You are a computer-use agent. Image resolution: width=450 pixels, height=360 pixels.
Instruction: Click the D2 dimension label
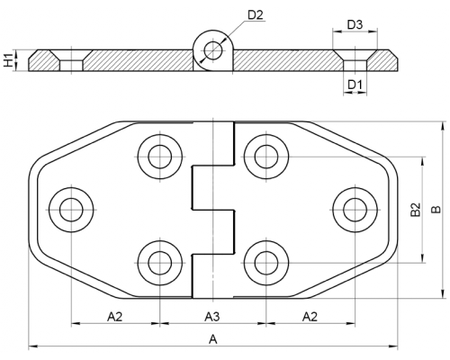click(256, 14)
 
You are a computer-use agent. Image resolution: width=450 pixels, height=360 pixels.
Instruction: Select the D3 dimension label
click(355, 24)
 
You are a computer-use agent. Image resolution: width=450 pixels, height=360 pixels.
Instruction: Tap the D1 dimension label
click(355, 85)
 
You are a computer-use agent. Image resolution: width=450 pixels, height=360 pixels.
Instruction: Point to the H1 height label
click(9, 59)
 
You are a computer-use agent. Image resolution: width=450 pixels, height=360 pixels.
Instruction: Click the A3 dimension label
click(212, 317)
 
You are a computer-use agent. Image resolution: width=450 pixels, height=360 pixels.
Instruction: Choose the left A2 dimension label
click(115, 317)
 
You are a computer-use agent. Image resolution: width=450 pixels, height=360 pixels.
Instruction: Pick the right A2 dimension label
click(310, 317)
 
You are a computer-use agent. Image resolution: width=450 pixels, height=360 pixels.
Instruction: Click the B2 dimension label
click(416, 210)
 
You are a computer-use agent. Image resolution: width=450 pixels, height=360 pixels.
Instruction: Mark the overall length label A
click(212, 339)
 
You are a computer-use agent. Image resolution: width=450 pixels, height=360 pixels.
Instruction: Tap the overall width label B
click(436, 210)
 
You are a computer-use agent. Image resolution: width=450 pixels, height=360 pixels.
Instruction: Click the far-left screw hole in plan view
click(71, 210)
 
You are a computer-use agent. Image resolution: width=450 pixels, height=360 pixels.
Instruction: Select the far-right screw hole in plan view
click(355, 210)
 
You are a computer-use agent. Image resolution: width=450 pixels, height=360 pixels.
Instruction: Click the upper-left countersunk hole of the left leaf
click(160, 157)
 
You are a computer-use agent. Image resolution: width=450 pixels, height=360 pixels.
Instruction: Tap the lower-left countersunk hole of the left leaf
click(160, 263)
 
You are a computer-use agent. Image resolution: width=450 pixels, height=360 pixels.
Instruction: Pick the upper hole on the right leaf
click(266, 157)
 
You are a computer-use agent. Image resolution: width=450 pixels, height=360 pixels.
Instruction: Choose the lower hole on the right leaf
click(266, 263)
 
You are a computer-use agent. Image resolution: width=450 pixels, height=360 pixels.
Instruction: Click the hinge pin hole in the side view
click(212, 50)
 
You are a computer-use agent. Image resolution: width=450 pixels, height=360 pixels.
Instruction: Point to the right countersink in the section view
click(355, 60)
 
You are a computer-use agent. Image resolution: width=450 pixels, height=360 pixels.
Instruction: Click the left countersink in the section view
click(71, 60)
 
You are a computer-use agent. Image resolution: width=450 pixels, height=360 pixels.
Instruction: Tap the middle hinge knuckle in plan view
click(212, 187)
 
